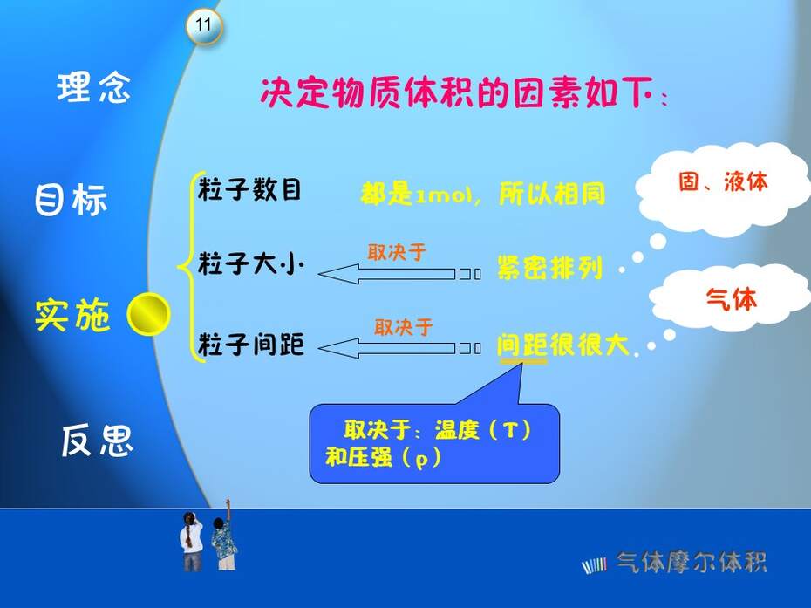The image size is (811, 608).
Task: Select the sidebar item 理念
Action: coord(93,87)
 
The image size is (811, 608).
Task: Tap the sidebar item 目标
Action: coord(71,199)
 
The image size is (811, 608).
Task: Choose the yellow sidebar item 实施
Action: coord(72,315)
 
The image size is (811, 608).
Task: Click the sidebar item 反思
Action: coord(98,441)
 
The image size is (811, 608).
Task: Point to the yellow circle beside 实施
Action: coord(148,314)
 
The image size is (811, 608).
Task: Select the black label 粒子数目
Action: coord(249,189)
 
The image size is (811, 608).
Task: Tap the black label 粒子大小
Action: coord(250,263)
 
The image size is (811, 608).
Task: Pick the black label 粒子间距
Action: coord(250,344)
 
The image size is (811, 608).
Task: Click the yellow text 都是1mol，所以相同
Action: coord(482,194)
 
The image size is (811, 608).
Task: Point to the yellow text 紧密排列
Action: coord(549,268)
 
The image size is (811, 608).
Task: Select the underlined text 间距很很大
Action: coord(562,345)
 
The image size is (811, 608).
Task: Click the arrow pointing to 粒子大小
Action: coord(399,274)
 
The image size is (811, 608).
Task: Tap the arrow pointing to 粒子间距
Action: coord(399,348)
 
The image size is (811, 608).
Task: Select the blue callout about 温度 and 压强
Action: coord(434,443)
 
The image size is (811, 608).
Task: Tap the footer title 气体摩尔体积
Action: coord(691,563)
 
